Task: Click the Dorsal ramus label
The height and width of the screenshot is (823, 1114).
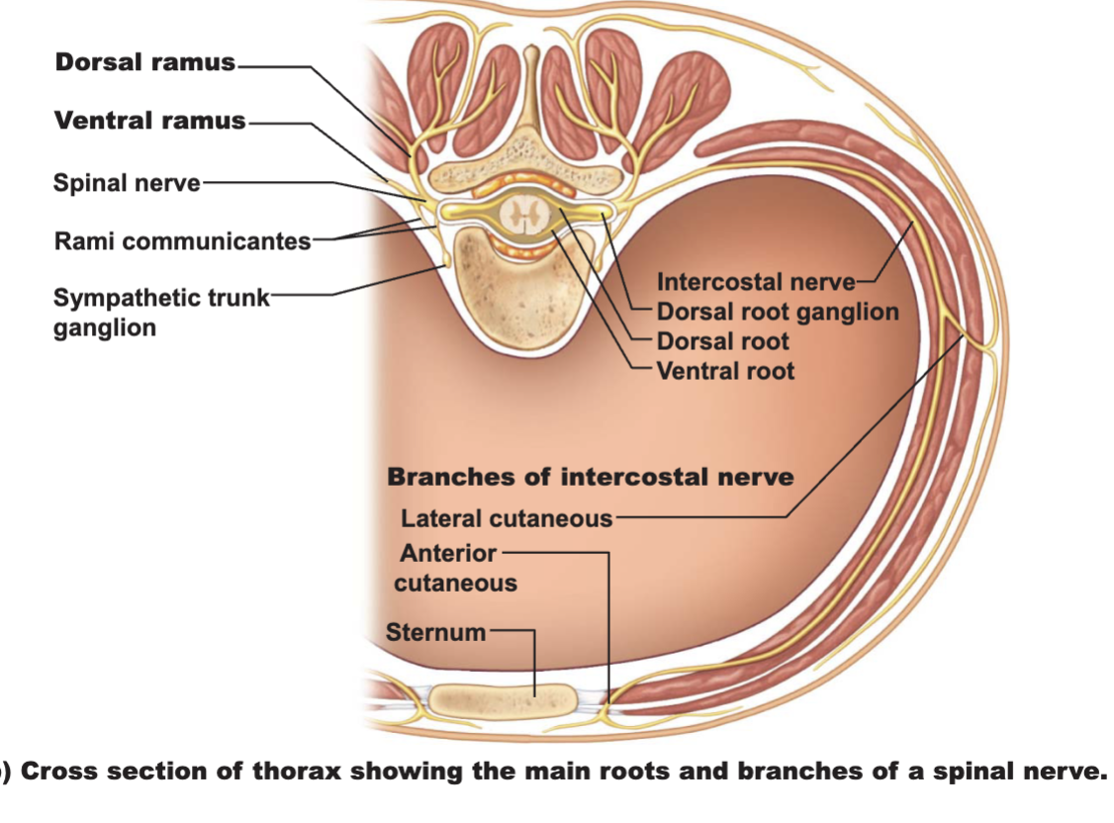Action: (x=144, y=62)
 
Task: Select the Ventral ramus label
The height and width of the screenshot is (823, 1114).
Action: (x=150, y=121)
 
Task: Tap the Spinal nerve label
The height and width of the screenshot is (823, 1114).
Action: (x=128, y=183)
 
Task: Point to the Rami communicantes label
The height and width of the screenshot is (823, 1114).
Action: (x=183, y=241)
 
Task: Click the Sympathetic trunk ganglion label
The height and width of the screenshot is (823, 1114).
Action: (x=161, y=313)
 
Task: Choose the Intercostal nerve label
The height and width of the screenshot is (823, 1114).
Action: (x=756, y=282)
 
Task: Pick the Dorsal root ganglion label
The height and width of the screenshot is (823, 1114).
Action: (x=778, y=312)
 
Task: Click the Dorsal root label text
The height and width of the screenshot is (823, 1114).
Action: (x=722, y=341)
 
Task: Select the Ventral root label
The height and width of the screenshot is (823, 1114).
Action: (x=725, y=371)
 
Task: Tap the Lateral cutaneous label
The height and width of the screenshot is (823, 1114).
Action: (x=507, y=519)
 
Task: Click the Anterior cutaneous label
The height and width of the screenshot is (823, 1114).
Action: (x=455, y=568)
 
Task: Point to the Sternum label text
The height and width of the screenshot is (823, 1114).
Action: (x=435, y=633)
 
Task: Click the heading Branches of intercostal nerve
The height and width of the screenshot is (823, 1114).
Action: (x=591, y=477)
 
